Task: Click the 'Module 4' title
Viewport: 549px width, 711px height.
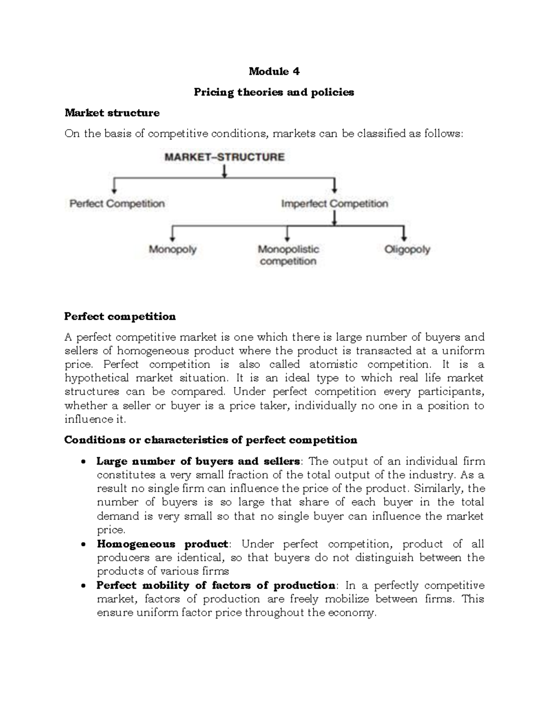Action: (x=274, y=71)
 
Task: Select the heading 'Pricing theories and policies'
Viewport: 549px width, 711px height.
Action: (x=274, y=92)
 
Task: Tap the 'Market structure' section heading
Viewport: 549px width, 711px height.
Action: (x=112, y=113)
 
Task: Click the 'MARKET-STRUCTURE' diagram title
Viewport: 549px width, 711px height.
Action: (x=224, y=157)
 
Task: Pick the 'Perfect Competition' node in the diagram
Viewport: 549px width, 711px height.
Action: (x=117, y=204)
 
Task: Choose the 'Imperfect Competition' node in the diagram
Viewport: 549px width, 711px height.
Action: (x=334, y=204)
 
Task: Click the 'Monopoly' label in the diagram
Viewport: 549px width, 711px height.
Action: (x=172, y=250)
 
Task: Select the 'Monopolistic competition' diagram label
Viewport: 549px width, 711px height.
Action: (x=288, y=255)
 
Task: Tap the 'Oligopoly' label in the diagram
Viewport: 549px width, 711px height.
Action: (x=407, y=250)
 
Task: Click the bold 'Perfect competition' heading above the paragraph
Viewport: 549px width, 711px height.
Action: (x=120, y=316)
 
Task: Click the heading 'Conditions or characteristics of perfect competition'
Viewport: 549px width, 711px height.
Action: (x=210, y=440)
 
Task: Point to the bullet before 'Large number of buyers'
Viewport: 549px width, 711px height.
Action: (x=83, y=462)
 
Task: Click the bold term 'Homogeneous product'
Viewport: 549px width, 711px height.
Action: (x=162, y=544)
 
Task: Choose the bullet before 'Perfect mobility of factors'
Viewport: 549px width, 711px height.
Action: (x=83, y=586)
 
